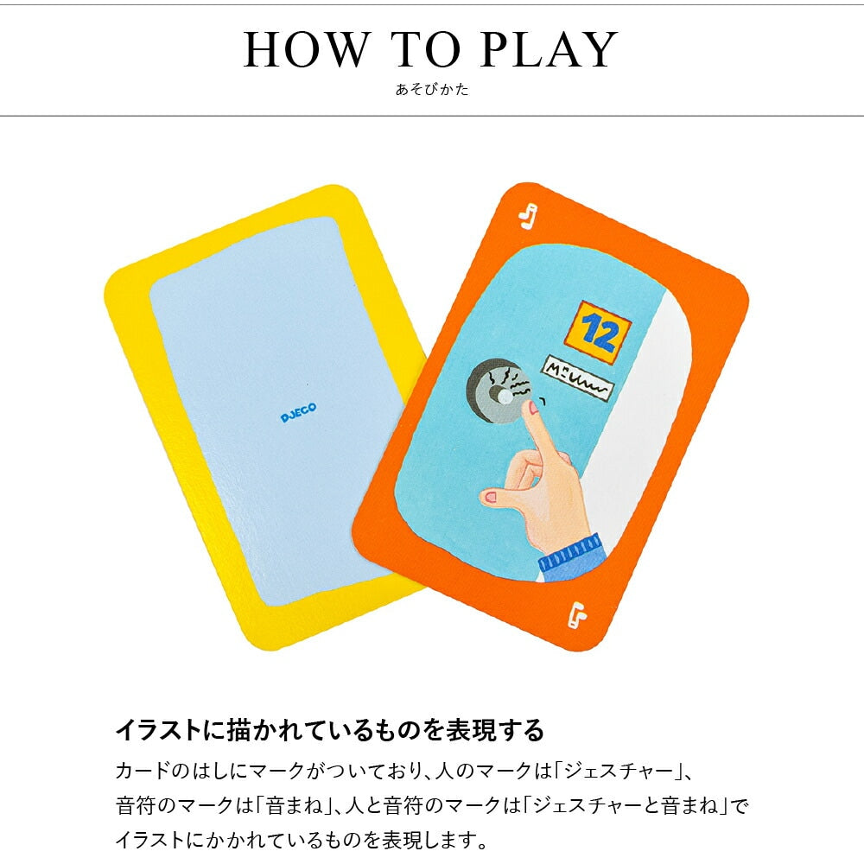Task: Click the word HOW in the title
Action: click(x=306, y=49)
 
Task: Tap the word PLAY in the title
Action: click(x=549, y=49)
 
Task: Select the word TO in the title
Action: click(x=425, y=49)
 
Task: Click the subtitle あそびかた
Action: click(x=432, y=89)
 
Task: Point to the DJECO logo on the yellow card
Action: click(x=298, y=412)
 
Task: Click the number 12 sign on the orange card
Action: click(x=599, y=333)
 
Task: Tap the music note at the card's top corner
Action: click(x=528, y=217)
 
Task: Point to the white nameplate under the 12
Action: click(x=577, y=378)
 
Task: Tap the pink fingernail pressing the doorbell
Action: click(x=533, y=409)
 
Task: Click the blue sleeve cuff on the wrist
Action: click(x=572, y=553)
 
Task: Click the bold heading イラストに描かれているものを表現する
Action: click(x=329, y=731)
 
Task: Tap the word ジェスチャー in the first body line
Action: click(x=619, y=771)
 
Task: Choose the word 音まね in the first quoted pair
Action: click(x=295, y=805)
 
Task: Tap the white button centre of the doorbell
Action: click(x=504, y=396)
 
